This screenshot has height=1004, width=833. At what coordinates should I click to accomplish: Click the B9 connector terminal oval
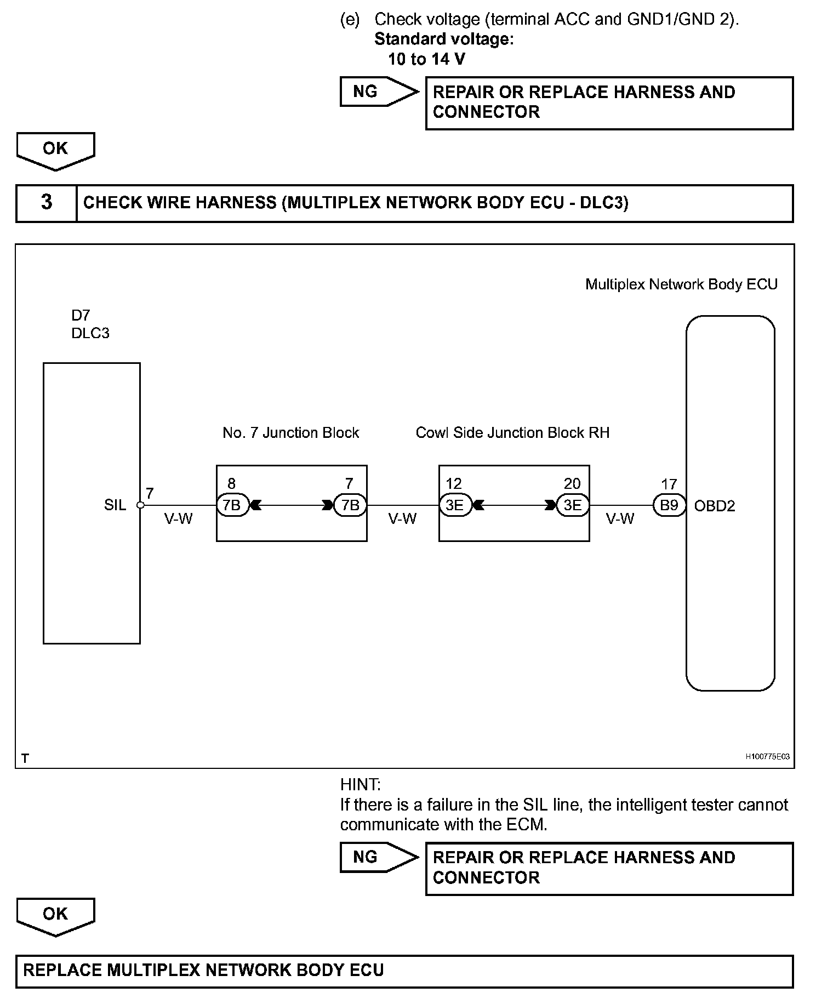click(x=669, y=505)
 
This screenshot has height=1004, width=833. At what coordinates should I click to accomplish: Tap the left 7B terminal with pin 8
click(x=232, y=505)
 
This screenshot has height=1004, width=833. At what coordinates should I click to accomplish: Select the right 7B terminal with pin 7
click(x=350, y=505)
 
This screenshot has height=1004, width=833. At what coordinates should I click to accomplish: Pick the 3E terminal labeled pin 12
click(x=455, y=505)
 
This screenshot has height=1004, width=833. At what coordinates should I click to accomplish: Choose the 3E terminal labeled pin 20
click(x=573, y=505)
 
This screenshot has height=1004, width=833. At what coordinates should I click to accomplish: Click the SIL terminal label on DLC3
click(x=115, y=505)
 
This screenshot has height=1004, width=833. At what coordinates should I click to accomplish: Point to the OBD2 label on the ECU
click(x=714, y=506)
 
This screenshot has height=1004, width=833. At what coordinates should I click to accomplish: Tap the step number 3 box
click(x=47, y=203)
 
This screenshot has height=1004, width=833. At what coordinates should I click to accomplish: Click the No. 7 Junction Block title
click(x=290, y=433)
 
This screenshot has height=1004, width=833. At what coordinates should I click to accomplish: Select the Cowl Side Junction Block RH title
click(x=512, y=433)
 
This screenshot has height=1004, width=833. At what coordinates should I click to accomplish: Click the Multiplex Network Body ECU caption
click(x=681, y=284)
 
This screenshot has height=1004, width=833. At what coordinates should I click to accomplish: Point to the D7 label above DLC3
click(x=81, y=315)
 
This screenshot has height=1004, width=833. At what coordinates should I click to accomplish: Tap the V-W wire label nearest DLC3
click(x=179, y=518)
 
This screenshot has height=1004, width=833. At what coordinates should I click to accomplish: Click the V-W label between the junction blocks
click(x=403, y=518)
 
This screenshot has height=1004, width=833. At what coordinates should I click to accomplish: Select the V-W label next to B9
click(x=620, y=518)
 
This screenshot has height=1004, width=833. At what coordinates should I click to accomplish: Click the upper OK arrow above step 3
click(x=55, y=150)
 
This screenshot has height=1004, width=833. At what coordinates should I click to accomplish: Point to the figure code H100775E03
click(x=767, y=757)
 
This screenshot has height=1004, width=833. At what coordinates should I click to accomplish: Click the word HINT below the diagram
click(x=360, y=785)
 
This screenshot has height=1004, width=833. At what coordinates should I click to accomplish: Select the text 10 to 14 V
click(x=426, y=59)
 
